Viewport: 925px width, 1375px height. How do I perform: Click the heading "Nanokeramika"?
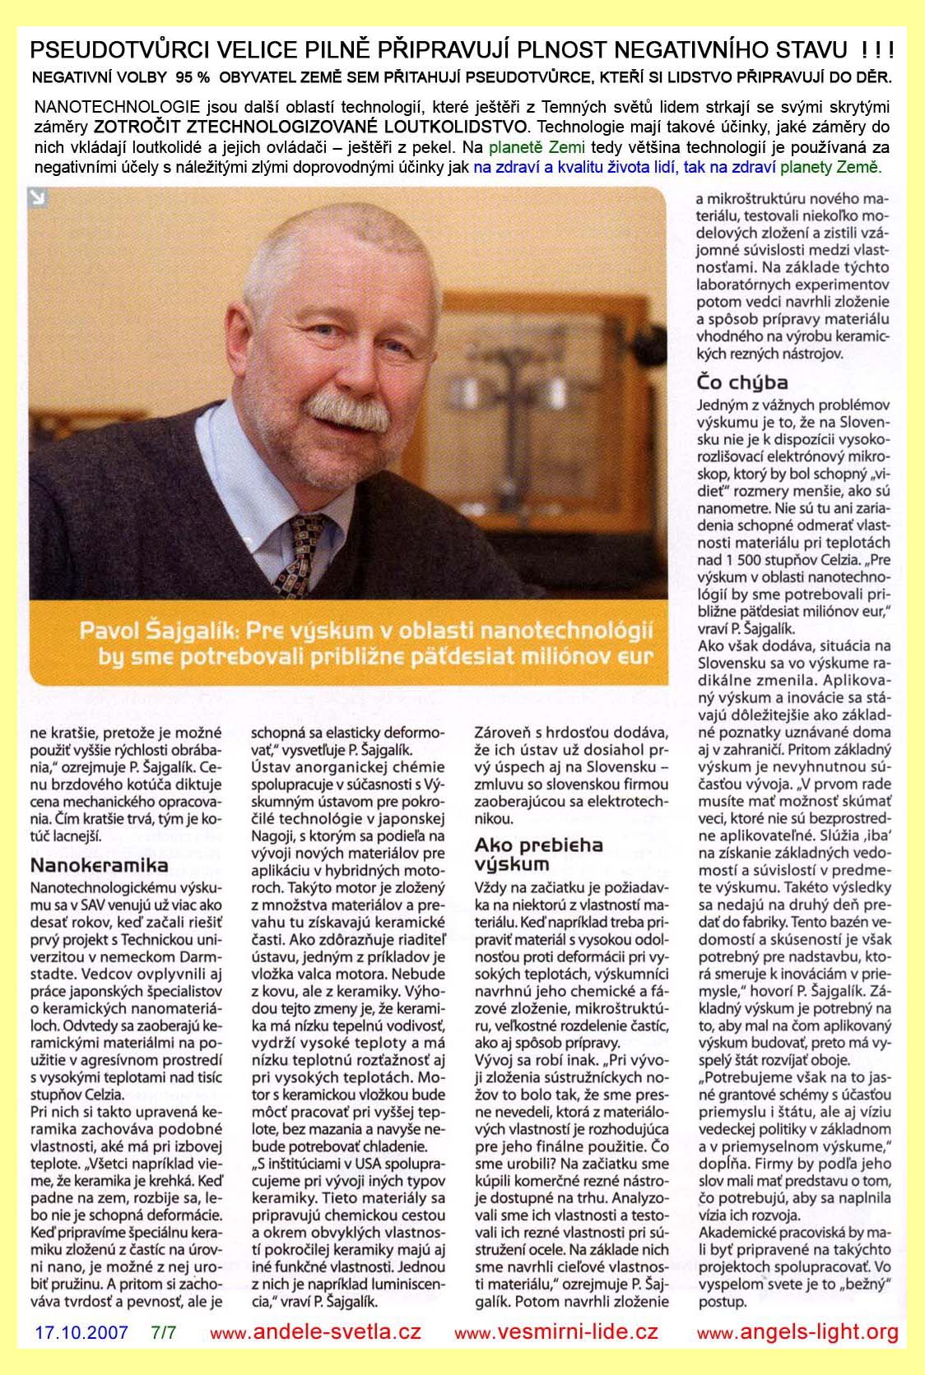pos(99,864)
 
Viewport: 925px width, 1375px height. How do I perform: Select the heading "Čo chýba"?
pos(742,382)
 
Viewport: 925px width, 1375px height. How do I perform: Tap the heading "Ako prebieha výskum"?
pos(539,854)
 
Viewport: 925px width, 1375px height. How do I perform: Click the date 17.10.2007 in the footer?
pos(81,1332)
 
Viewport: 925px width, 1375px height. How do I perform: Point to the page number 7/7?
pos(164,1332)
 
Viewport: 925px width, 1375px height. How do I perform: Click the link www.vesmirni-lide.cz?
pos(556,1333)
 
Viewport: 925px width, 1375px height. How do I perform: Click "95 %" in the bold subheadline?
pos(191,78)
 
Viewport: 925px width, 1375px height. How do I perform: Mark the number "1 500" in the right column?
pos(754,560)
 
